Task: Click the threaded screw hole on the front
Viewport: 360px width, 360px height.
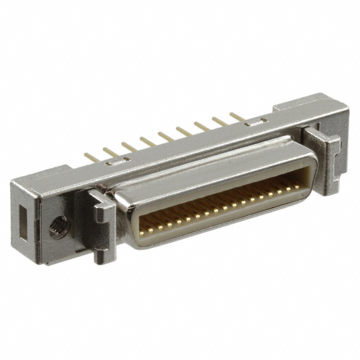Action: (x=57, y=229)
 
